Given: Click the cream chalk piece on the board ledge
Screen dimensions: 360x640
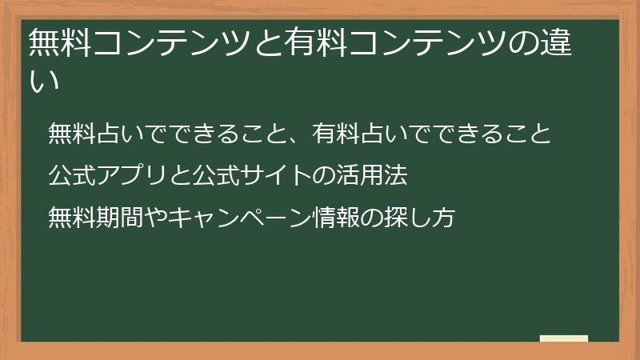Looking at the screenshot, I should click(x=564, y=338).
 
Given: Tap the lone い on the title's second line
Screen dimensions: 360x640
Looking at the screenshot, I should click(x=44, y=79).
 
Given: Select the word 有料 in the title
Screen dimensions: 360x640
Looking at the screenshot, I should click(x=318, y=42).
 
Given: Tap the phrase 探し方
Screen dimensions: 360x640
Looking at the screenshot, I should click(x=431, y=215).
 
